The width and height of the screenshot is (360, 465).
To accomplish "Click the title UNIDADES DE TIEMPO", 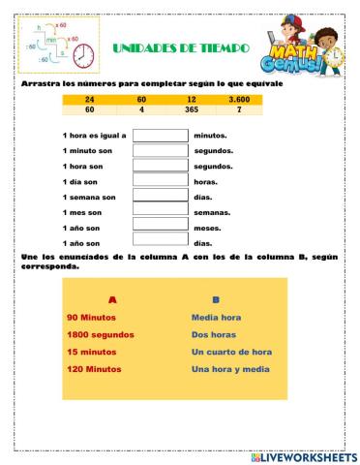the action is [x=181, y=47].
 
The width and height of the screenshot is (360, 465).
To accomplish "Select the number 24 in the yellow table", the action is [x=90, y=100].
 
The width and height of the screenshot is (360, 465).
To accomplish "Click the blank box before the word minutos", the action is [x=160, y=136].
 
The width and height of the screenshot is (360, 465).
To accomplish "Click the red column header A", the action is [x=112, y=300].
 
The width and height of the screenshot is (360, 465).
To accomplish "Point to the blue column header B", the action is [x=215, y=300].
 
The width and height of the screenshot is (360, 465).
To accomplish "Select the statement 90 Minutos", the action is [x=93, y=317].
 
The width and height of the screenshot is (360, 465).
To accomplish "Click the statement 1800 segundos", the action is [x=101, y=335].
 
